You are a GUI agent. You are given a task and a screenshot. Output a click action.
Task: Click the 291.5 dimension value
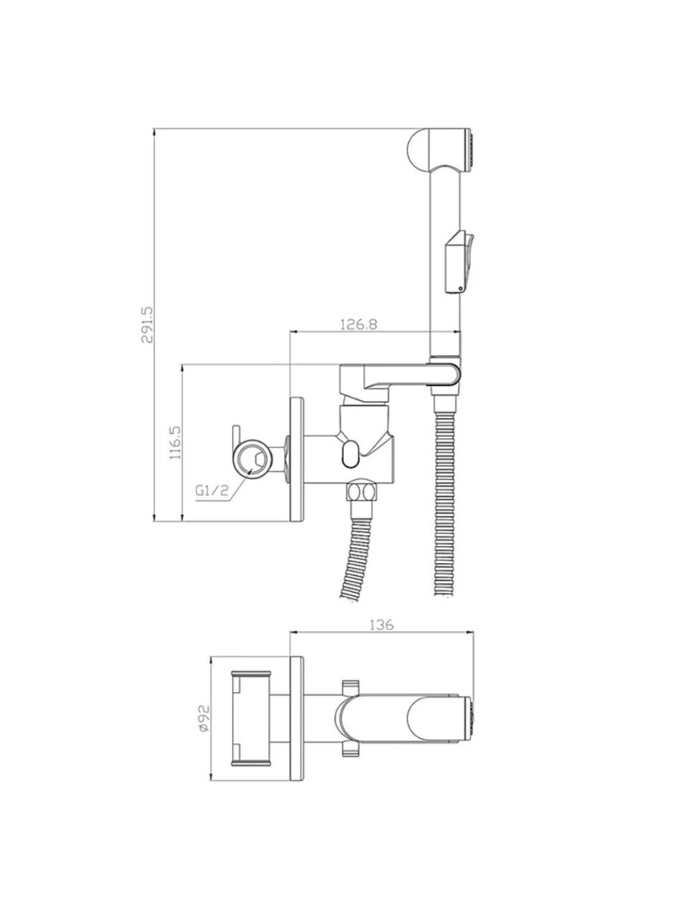click(x=148, y=325)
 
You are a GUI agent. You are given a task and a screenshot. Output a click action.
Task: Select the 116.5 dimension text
click(x=175, y=443)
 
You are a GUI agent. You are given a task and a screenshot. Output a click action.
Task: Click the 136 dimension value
click(x=382, y=636)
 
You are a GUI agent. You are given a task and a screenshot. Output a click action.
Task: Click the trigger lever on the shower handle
click(x=462, y=262)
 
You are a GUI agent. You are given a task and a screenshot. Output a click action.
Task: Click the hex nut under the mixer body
click(x=362, y=491)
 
